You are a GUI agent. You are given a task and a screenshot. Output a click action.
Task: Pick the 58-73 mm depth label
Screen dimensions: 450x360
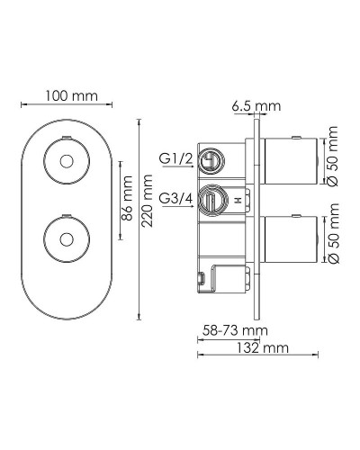click(x=229, y=331)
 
